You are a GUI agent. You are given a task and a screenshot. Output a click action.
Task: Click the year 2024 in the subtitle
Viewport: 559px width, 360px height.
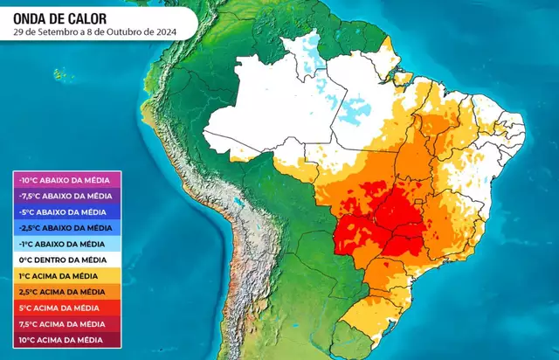pyautogui.click(x=166, y=31)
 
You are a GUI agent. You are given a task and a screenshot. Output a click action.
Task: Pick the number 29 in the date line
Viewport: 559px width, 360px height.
pyautogui.click(x=20, y=31)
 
